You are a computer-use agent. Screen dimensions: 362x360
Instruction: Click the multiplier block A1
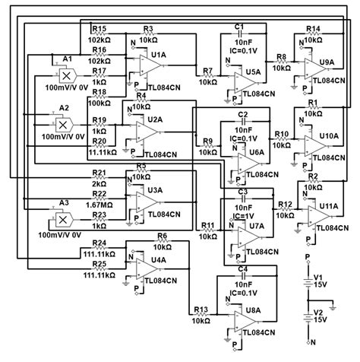click(x=67, y=78)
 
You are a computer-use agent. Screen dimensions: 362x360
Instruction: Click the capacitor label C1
click(x=238, y=27)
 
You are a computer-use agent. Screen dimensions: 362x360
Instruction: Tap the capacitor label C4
click(x=242, y=269)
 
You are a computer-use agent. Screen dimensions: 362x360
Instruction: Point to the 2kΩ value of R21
click(x=99, y=185)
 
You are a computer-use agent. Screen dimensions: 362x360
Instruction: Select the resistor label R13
click(x=201, y=310)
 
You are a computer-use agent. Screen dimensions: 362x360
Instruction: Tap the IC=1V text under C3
click(x=243, y=216)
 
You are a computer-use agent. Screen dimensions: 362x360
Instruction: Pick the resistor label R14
click(x=313, y=29)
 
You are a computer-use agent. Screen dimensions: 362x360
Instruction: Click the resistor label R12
click(x=286, y=205)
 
